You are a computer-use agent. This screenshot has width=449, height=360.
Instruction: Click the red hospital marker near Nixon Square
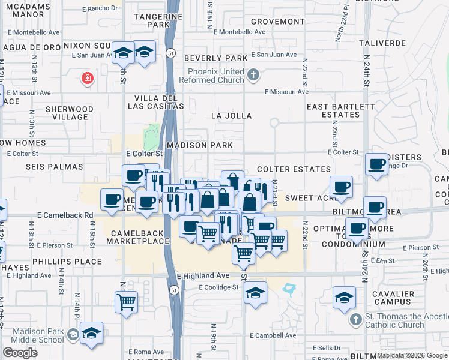(88, 77)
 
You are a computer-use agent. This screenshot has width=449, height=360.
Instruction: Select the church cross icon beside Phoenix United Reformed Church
(253, 75)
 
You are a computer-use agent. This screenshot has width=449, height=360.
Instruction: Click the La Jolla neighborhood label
(231, 116)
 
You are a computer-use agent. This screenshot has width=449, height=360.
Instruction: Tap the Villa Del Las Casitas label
(155, 102)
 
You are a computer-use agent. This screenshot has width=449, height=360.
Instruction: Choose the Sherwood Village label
(70, 113)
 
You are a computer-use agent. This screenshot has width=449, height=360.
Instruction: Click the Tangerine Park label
(151, 21)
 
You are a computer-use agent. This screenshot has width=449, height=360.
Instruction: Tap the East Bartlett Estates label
(333, 110)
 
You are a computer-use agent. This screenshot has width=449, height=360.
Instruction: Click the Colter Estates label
(294, 170)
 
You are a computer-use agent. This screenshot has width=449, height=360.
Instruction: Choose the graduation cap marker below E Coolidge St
(255, 293)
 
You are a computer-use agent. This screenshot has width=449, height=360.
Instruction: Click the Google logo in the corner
(20, 352)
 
